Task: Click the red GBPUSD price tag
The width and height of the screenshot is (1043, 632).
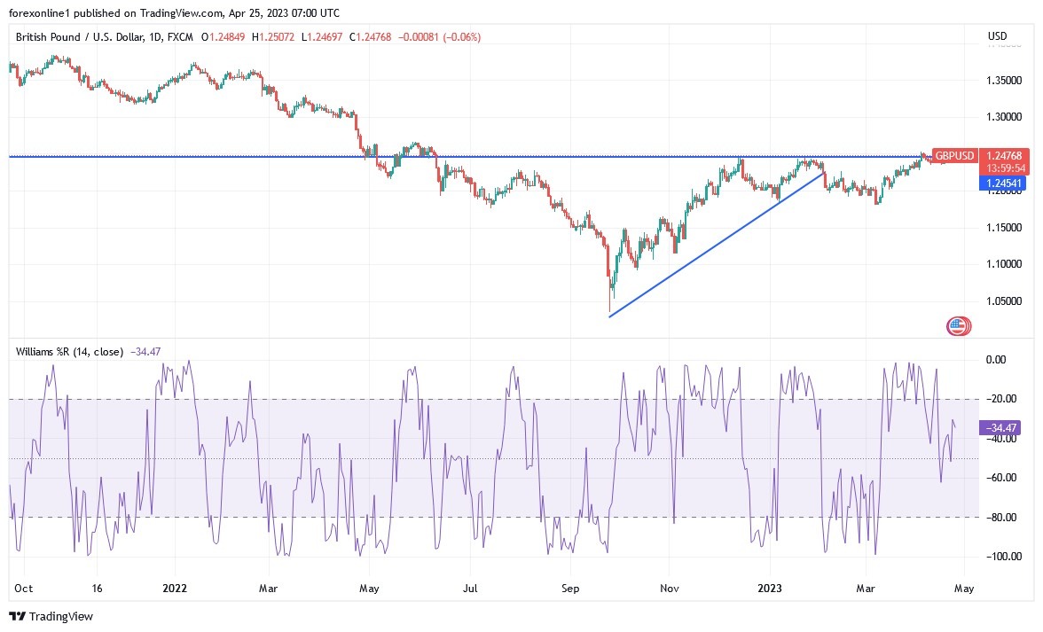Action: [x=955, y=156]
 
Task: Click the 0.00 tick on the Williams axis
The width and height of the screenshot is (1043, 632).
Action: [x=997, y=360]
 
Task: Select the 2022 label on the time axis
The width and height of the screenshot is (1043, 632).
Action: [x=175, y=588]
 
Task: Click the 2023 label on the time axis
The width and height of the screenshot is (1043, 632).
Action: [x=770, y=588]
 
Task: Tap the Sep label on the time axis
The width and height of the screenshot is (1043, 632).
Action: [x=570, y=588]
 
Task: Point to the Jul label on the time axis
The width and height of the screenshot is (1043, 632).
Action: [x=471, y=588]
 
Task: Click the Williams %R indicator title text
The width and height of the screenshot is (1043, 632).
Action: [x=69, y=352]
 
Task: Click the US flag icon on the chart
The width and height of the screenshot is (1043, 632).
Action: [x=957, y=326]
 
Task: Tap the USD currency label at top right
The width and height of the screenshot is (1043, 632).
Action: [x=997, y=36]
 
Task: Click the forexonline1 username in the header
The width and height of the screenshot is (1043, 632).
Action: [x=40, y=12]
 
